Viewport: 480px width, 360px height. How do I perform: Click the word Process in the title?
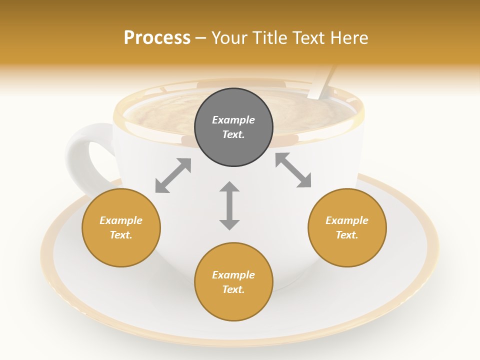(157, 37)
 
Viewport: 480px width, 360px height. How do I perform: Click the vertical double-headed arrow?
(229, 205)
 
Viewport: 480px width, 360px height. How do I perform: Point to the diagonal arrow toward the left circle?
(173, 175)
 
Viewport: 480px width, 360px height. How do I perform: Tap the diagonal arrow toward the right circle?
(293, 170)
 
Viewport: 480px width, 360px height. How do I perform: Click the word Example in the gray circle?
(233, 120)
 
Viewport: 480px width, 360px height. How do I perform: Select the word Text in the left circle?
(121, 235)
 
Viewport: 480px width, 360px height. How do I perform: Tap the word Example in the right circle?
(347, 220)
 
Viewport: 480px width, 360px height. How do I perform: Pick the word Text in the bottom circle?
(233, 289)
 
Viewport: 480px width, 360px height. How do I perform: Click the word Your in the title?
(231, 37)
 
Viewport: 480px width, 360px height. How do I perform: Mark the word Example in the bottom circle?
(233, 275)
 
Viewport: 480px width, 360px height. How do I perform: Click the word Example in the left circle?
(121, 220)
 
